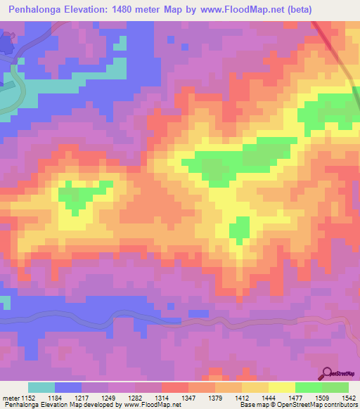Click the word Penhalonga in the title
click(x=36, y=8)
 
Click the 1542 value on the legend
click(x=347, y=398)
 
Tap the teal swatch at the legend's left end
click(x=41, y=387)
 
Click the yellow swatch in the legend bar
click(x=281, y=387)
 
